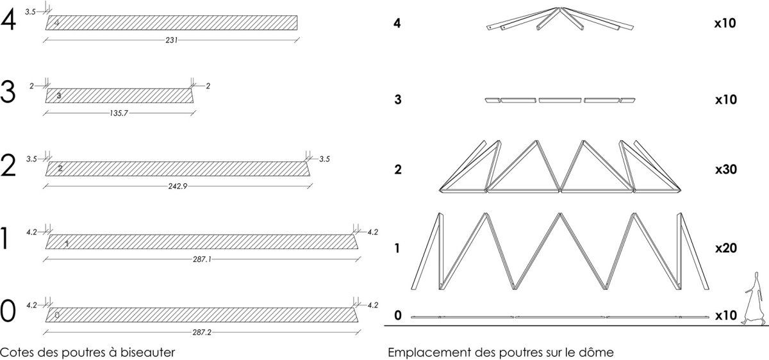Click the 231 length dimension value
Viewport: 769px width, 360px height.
[x=172, y=40]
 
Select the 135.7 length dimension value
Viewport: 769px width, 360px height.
[x=119, y=113]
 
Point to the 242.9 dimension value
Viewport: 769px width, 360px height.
[x=178, y=186]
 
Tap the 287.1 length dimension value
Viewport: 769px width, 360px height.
[x=202, y=259]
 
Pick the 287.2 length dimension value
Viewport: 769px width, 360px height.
[x=202, y=332]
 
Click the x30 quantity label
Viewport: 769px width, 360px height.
[x=725, y=169]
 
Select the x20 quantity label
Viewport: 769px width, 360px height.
[x=725, y=248]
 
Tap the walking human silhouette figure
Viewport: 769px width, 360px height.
[x=754, y=299]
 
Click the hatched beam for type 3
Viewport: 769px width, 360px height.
[x=119, y=95]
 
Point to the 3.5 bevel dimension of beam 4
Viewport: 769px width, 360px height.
[x=30, y=12]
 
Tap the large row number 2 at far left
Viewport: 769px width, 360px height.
[x=8, y=166]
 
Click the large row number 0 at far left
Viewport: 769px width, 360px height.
[x=8, y=311]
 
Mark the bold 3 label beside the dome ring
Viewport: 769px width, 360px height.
[x=397, y=99]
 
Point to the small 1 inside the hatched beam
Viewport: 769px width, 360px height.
[x=67, y=243]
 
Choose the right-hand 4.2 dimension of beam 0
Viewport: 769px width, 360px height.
[x=373, y=305]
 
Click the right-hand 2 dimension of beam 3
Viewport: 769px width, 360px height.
[x=208, y=86]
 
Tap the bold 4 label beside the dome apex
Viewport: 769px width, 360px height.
[x=397, y=23]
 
